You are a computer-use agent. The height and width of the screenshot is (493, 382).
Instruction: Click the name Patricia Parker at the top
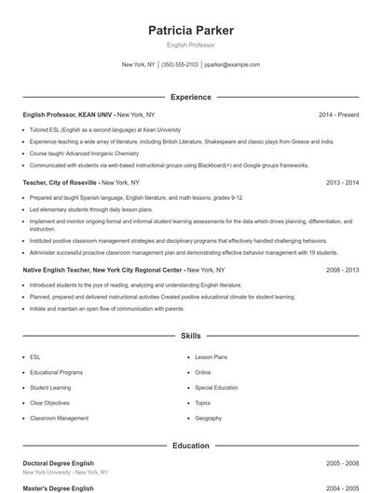pos(191,31)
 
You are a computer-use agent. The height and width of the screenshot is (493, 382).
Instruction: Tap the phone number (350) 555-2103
pos(180,65)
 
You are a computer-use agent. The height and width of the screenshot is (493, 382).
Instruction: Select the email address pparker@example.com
pos(232,65)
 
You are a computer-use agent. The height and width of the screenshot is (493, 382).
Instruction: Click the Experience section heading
pos(191,97)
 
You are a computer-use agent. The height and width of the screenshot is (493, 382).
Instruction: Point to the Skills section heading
pos(191,335)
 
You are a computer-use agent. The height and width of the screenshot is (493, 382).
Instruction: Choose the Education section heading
pos(191,446)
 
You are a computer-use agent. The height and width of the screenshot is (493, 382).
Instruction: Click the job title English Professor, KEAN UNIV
pos(68,114)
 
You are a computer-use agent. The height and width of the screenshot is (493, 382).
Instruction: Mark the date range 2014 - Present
pos(338,114)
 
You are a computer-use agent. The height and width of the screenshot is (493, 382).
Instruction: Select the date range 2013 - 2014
pos(342,183)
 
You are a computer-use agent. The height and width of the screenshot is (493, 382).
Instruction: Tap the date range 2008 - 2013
pos(342,270)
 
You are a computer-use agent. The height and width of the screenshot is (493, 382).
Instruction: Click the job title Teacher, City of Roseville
pos(60,183)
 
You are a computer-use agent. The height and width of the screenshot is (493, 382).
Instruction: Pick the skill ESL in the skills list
pos(35,356)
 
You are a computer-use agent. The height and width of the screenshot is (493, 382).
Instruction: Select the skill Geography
pos(209,419)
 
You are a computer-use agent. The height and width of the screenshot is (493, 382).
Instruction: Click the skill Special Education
pos(216,388)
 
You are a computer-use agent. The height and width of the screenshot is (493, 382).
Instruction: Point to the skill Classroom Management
pos(59,419)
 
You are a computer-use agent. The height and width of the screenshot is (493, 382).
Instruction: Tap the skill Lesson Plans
pos(211,356)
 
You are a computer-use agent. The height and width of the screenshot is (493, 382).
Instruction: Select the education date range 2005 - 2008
pos(342,463)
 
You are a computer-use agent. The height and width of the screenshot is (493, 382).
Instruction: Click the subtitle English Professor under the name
pos(191,45)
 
